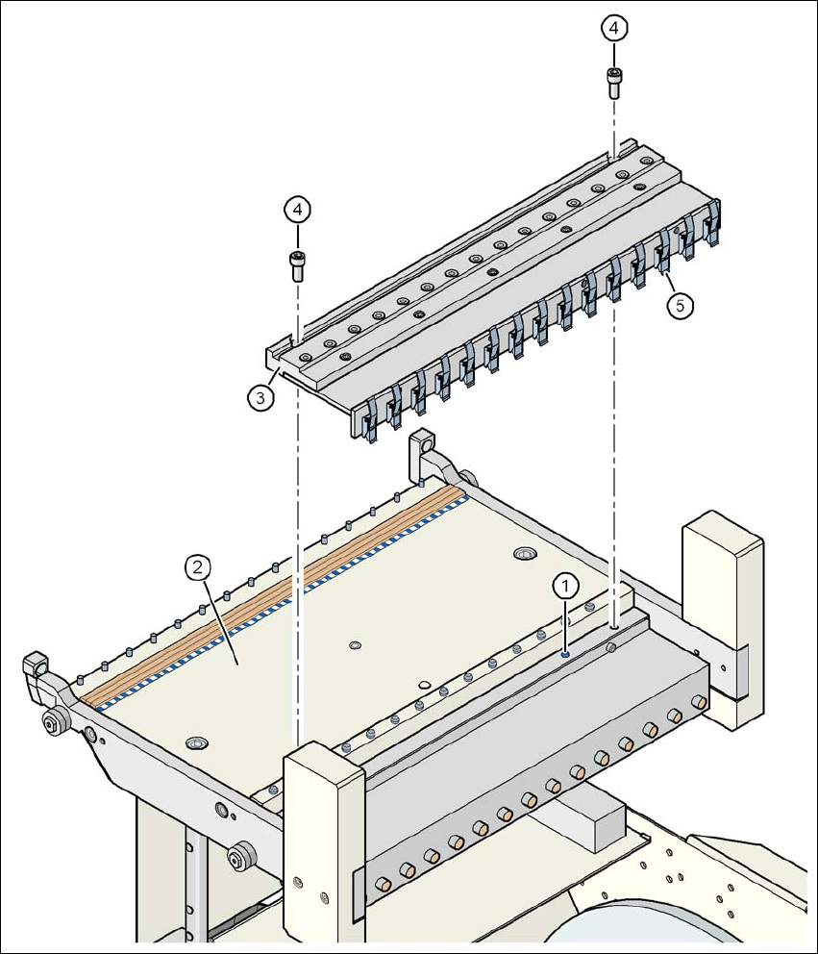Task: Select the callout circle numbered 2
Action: (197, 567)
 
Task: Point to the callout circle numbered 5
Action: (680, 306)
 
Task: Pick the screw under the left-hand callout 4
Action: (298, 263)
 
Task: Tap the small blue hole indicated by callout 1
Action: (565, 653)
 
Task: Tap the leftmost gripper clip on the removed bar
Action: (369, 423)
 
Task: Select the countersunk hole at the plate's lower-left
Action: (197, 743)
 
